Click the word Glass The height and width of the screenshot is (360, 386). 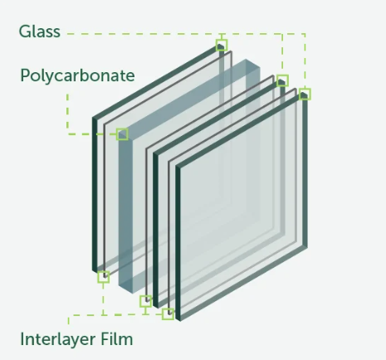click(x=40, y=32)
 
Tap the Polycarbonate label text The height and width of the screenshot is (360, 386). click(x=77, y=75)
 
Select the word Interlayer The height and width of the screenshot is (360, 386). click(x=58, y=339)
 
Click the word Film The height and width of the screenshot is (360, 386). click(x=117, y=339)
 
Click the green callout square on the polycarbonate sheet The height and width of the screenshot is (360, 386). click(x=122, y=134)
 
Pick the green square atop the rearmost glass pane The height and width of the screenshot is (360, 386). click(x=222, y=45)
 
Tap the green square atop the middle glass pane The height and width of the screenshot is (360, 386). click(x=282, y=80)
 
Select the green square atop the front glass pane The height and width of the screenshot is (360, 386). click(x=305, y=94)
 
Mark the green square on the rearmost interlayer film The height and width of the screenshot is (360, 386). click(x=104, y=277)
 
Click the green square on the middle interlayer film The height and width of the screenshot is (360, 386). click(x=145, y=301)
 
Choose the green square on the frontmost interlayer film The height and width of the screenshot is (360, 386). click(x=168, y=314)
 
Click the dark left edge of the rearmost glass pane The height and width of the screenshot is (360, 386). click(x=95, y=194)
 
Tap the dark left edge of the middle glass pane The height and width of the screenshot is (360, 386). click(x=155, y=230)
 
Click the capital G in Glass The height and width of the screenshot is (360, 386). click(x=24, y=32)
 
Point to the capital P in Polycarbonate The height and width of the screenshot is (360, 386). click(x=25, y=75)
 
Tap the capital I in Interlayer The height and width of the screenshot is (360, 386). click(x=22, y=339)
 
